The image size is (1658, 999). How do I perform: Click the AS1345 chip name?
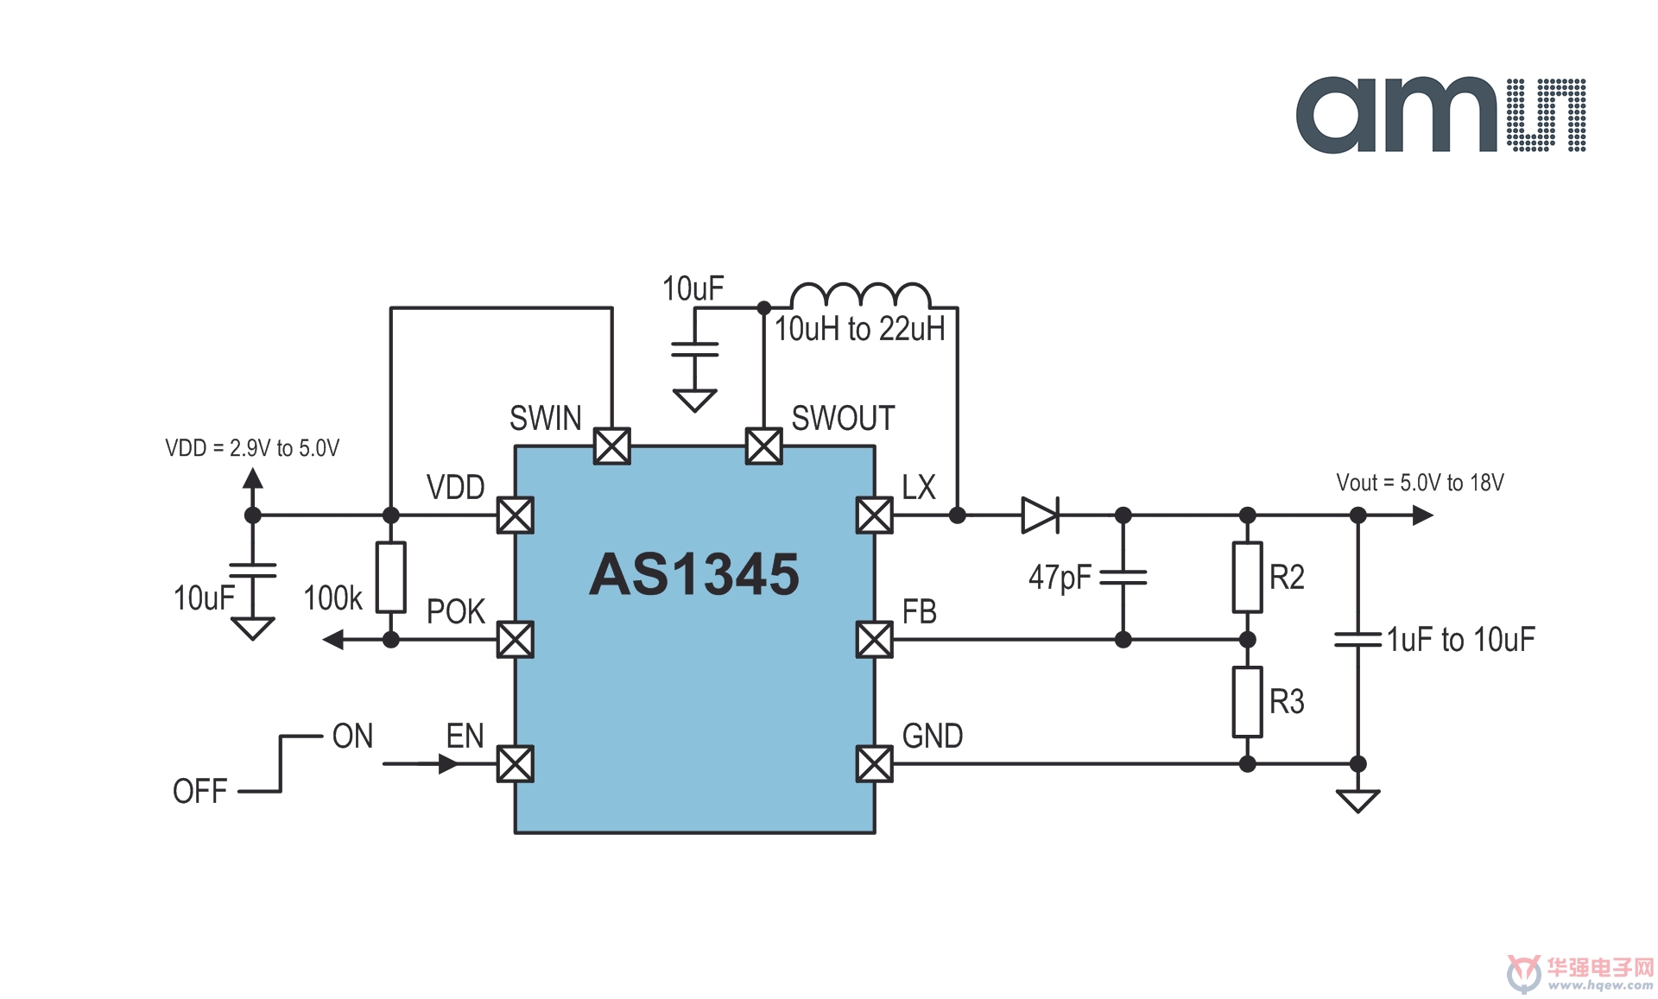pos(694,574)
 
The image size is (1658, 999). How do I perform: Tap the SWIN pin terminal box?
pos(612,446)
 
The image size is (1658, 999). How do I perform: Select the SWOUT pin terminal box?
pos(764,446)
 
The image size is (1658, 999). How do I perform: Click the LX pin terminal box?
pos(875,515)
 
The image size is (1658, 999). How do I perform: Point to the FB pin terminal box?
pos(875,640)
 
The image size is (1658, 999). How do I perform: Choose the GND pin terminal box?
pos(875,764)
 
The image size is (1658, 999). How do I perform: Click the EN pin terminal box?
pos(516,764)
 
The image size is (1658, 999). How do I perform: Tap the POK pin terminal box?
pos(516,640)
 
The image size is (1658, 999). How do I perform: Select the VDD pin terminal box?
pos(516,515)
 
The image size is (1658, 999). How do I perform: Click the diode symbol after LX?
pos(1041,515)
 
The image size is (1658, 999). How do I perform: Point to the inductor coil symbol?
pos(861,295)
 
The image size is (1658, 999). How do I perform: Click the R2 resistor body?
pos(1248,578)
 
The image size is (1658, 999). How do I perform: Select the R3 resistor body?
pos(1248,702)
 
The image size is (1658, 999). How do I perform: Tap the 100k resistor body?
pos(391,578)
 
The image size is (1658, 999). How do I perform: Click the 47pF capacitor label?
pos(1060,578)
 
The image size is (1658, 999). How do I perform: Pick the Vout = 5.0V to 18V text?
pos(1420,483)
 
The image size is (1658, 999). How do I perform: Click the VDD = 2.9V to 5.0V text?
pos(252,448)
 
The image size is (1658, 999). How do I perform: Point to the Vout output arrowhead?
pos(1423,515)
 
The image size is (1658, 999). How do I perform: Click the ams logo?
pos(1440,115)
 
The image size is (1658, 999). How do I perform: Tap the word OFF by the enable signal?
pos(199,791)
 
